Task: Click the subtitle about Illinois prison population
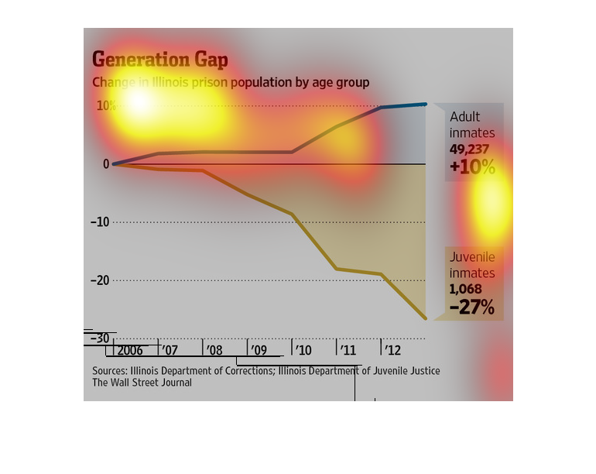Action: coord(231,82)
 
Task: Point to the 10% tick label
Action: coord(106,105)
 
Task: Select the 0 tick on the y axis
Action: coord(105,164)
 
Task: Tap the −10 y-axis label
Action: coord(101,222)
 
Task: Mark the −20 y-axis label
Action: coord(101,280)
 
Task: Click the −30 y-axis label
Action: coord(101,338)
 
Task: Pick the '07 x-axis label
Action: coord(170,351)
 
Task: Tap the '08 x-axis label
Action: coord(214,351)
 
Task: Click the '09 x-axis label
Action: coord(259,351)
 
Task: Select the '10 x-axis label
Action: coord(303,351)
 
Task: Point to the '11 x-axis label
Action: coord(348,351)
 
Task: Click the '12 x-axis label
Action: coord(392,351)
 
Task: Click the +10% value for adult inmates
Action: coord(471,167)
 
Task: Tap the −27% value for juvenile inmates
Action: coord(471,307)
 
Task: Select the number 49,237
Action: coord(471,149)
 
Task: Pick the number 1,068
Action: coord(466,289)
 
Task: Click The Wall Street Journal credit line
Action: coord(142,383)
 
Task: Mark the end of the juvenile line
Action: coord(425,318)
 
